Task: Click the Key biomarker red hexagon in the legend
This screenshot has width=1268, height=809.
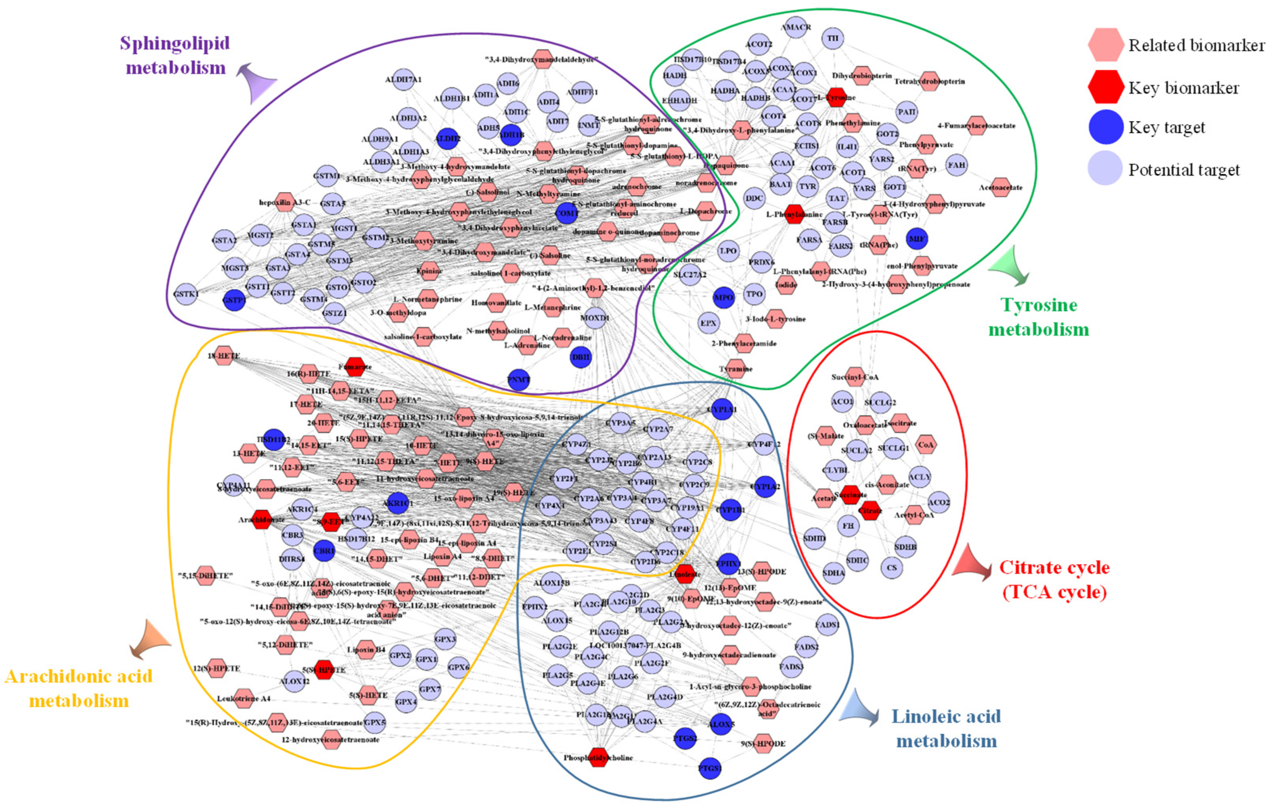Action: tap(1105, 87)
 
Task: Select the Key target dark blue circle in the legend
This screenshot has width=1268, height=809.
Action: tap(1105, 128)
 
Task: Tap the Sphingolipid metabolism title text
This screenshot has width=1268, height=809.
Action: tap(175, 55)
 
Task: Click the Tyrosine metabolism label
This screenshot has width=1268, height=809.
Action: tap(1038, 317)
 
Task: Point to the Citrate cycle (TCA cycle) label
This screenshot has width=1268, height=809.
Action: tap(1054, 579)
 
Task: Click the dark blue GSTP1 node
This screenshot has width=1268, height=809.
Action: tap(234, 300)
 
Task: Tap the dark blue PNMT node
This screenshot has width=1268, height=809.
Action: tap(519, 380)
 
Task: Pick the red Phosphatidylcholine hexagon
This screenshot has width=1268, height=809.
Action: tap(598, 757)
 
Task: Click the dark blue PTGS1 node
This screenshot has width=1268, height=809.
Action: tap(710, 768)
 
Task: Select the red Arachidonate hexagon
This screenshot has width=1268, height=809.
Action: tap(262, 520)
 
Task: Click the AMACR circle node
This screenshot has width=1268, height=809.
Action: tap(796, 28)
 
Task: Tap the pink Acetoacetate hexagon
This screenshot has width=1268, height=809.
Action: tap(1001, 187)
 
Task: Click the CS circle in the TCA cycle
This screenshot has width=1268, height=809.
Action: tap(891, 567)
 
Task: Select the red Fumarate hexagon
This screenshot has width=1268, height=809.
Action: tap(355, 367)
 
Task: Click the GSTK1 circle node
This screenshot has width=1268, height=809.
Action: tap(186, 294)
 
